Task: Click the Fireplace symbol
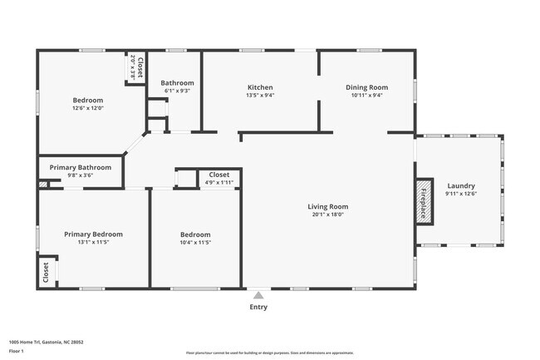[424, 200]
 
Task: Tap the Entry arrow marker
[259, 294]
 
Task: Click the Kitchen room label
[260, 87]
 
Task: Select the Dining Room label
[366, 87]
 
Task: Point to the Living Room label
[327, 206]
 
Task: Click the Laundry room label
[461, 185]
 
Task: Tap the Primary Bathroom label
[80, 167]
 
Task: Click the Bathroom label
[177, 82]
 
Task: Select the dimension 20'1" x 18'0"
[327, 215]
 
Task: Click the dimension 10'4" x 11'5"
[195, 243]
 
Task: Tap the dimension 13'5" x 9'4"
[260, 96]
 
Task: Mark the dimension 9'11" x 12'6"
[461, 194]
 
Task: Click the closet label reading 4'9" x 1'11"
[219, 182]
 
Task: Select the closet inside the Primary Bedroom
[46, 270]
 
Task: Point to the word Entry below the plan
[259, 307]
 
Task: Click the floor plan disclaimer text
[269, 352]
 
